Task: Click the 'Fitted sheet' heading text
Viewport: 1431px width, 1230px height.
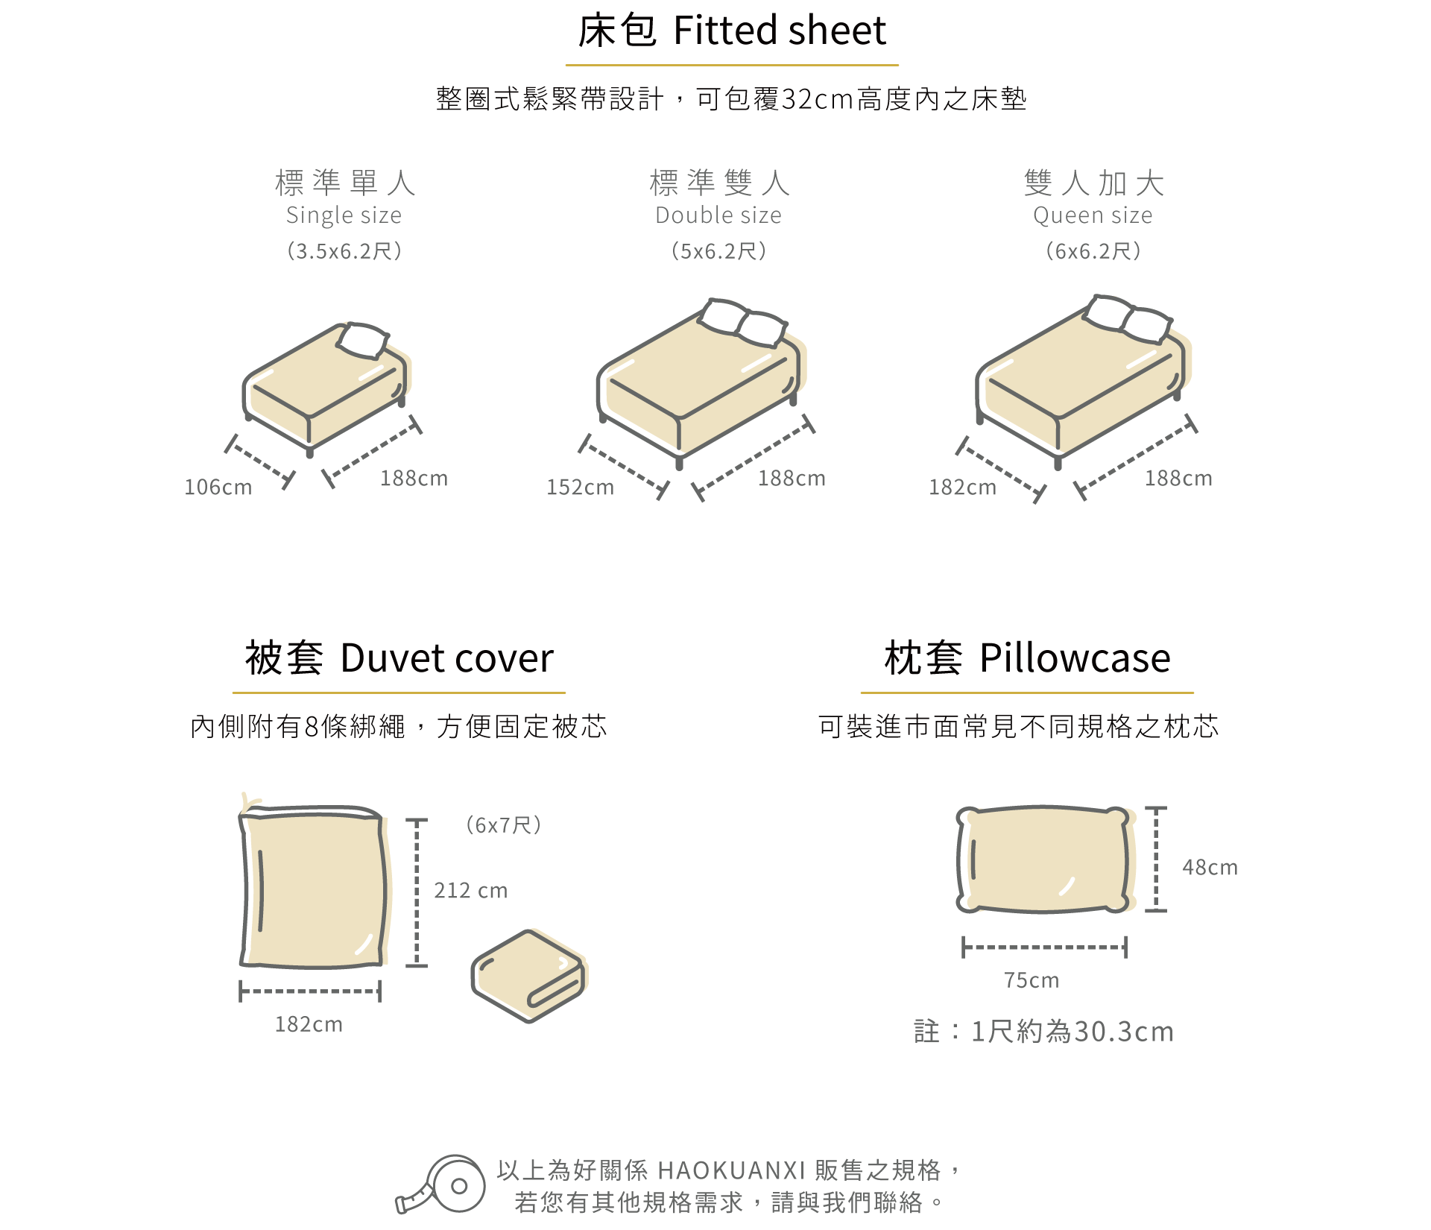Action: tap(779, 31)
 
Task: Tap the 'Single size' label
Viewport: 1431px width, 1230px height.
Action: tap(344, 215)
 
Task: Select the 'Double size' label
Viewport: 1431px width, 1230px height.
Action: tap(718, 215)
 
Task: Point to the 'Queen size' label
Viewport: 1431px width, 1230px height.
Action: tap(1093, 215)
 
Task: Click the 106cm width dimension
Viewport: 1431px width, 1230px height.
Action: tap(218, 488)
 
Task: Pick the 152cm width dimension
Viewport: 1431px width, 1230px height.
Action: tap(581, 488)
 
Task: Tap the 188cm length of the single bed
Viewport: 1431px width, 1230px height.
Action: tap(414, 479)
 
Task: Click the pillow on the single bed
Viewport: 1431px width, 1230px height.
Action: tap(363, 341)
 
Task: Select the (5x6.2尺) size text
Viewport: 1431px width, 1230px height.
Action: tap(718, 251)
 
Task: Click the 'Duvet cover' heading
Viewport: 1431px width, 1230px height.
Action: tap(446, 658)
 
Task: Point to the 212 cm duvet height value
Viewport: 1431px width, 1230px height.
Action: tap(470, 891)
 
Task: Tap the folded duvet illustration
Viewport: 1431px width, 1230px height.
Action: tap(528, 976)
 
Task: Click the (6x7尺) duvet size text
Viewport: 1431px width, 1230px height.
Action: tap(503, 825)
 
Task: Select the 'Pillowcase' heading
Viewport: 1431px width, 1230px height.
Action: tap(1074, 658)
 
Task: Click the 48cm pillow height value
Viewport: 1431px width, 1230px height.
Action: tap(1210, 868)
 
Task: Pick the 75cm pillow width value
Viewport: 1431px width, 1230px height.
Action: tap(1032, 980)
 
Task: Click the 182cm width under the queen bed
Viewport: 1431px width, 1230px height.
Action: tap(962, 488)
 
